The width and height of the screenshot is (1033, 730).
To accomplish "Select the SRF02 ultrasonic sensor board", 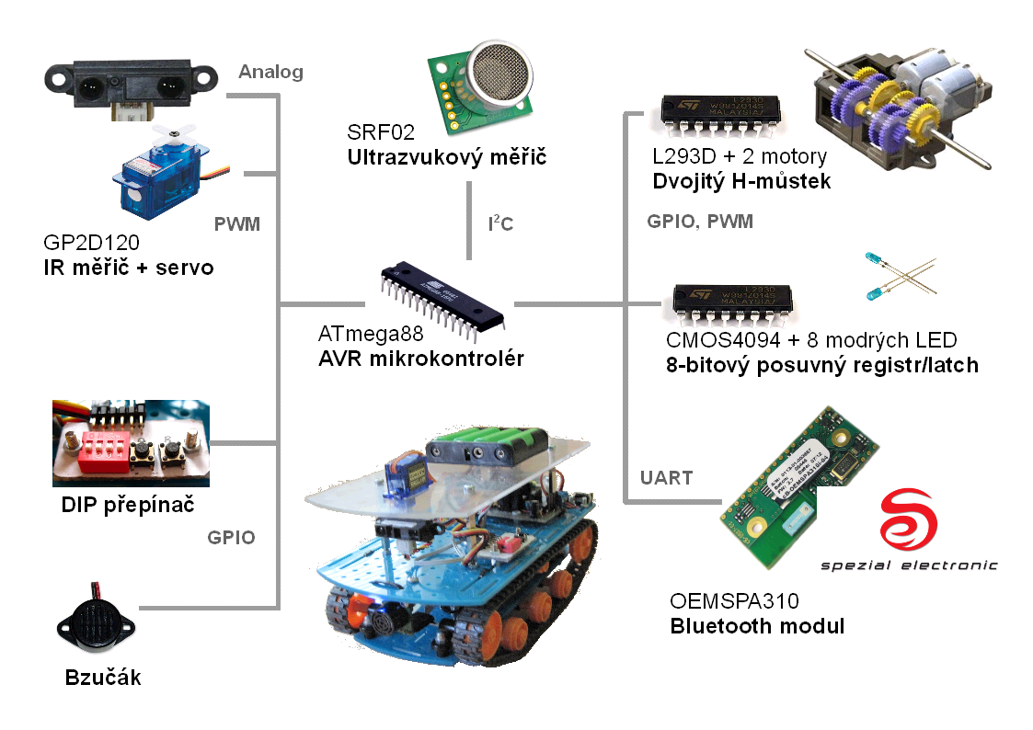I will pyautogui.click(x=486, y=84).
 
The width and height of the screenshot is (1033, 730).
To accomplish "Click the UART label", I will pyautogui.click(x=666, y=477).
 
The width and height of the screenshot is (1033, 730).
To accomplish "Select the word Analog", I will pyautogui.click(x=270, y=72).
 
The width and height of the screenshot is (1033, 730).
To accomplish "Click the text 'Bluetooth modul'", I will pyautogui.click(x=756, y=627).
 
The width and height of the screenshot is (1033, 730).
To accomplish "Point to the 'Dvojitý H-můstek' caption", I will pyautogui.click(x=741, y=181).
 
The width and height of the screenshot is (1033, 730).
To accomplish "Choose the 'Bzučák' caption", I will pyautogui.click(x=103, y=679).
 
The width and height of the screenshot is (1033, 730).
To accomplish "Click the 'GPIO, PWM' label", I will pyautogui.click(x=700, y=222).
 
